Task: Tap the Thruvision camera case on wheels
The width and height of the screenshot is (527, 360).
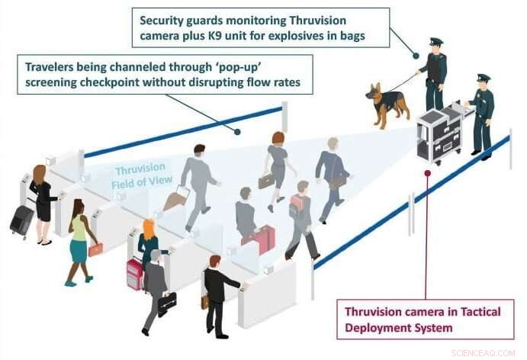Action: click(x=441, y=135)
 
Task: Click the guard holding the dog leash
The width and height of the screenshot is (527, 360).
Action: click(x=434, y=72)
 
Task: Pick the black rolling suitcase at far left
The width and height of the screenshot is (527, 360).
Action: click(x=21, y=220)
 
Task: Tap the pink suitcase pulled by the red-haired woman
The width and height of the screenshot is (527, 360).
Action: click(x=134, y=272)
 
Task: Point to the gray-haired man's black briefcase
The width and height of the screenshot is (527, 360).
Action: click(x=167, y=301)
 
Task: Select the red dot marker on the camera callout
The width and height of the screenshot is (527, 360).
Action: click(x=427, y=172)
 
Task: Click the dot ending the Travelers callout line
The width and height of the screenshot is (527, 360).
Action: click(x=239, y=131)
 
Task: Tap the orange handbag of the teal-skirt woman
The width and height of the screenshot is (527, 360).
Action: click(x=95, y=249)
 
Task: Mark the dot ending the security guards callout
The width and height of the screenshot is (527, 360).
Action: click(x=416, y=55)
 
